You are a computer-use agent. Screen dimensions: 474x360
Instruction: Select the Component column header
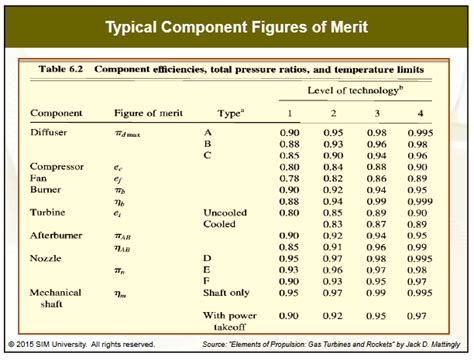(56, 113)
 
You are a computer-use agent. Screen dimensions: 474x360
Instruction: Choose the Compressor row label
(57, 166)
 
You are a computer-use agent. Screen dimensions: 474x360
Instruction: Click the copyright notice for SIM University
(80, 345)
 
